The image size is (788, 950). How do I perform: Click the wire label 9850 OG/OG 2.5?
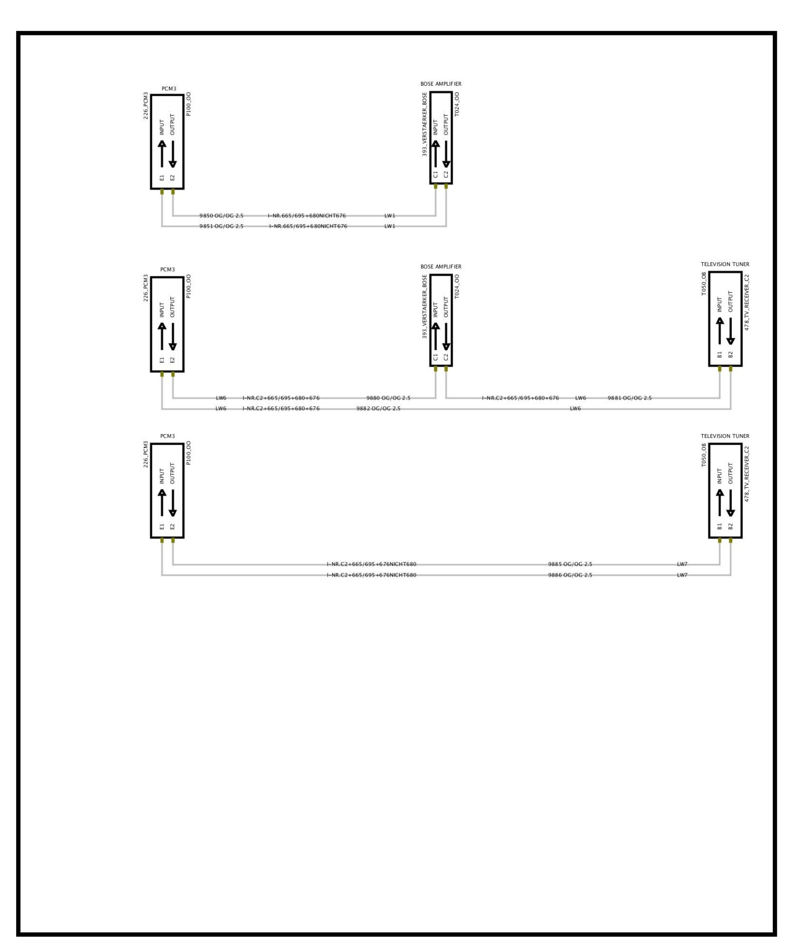pyautogui.click(x=221, y=216)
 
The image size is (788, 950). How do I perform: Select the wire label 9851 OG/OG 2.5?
pyautogui.click(x=221, y=227)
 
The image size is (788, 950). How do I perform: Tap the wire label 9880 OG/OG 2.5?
pyautogui.click(x=388, y=398)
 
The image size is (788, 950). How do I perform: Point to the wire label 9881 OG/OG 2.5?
pyautogui.click(x=629, y=398)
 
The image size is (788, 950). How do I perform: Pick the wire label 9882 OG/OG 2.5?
pyautogui.click(x=378, y=409)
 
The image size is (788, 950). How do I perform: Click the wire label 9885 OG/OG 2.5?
pyautogui.click(x=570, y=564)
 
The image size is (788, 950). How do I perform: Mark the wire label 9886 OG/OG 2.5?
pyautogui.click(x=570, y=575)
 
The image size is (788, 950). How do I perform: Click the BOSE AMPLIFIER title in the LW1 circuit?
pyautogui.click(x=441, y=84)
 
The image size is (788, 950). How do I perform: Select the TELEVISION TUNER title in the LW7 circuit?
pyautogui.click(x=725, y=436)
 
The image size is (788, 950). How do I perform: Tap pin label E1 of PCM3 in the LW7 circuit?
pyautogui.click(x=162, y=527)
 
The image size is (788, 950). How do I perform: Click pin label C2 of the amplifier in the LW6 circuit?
pyautogui.click(x=446, y=357)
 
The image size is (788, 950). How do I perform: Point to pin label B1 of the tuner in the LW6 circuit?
pyautogui.click(x=720, y=355)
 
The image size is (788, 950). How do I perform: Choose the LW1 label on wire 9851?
pyautogui.click(x=390, y=227)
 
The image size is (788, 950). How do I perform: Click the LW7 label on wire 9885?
pyautogui.click(x=682, y=564)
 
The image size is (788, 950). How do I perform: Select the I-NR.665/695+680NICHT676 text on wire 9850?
pyautogui.click(x=307, y=216)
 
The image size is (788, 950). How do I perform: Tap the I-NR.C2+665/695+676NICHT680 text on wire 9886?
pyautogui.click(x=371, y=575)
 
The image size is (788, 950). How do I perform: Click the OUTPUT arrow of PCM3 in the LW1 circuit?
pyautogui.click(x=172, y=154)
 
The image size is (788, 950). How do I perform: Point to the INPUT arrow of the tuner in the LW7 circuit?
pyautogui.click(x=720, y=503)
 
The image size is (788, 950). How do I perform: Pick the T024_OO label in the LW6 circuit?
pyautogui.click(x=457, y=287)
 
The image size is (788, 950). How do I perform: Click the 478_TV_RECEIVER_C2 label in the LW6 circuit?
pyautogui.click(x=747, y=302)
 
